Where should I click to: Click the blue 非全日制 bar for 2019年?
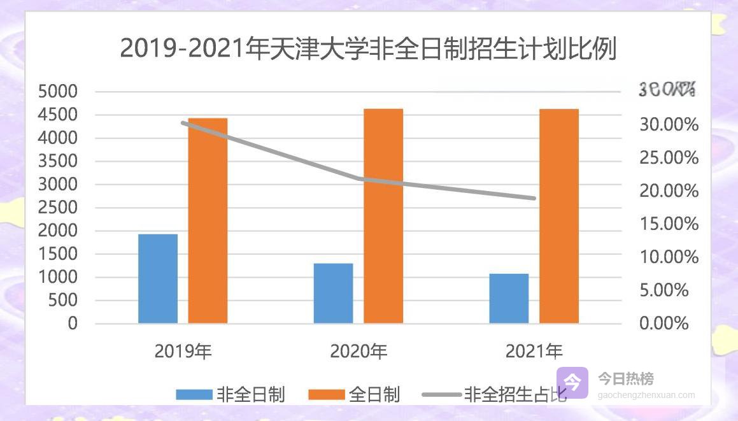click(x=158, y=279)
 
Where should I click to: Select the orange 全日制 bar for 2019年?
click(x=208, y=220)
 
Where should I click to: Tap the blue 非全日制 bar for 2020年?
click(x=333, y=293)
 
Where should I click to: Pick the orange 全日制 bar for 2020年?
click(x=383, y=216)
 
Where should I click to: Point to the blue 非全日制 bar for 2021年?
click(x=509, y=298)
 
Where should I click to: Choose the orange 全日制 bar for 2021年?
click(x=559, y=216)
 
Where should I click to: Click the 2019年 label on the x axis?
click(x=183, y=351)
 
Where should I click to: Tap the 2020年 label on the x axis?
click(x=358, y=351)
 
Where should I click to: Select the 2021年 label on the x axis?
click(x=534, y=351)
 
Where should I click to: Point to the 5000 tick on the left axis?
click(x=57, y=92)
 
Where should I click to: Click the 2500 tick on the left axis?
click(x=57, y=208)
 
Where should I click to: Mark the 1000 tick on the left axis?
click(x=57, y=277)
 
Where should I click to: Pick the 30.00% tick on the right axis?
click(x=669, y=125)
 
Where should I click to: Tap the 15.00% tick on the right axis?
click(x=669, y=224)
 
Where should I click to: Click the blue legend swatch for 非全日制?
click(x=194, y=395)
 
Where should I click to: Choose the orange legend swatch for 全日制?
click(x=326, y=395)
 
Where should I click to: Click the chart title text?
click(x=368, y=49)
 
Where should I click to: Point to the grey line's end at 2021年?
click(x=534, y=198)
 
